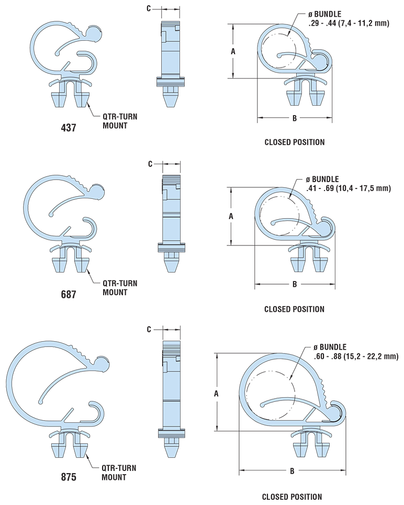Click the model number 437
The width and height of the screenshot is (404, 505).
tap(68, 127)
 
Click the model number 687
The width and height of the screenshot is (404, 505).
tap(68, 294)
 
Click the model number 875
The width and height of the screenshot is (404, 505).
tap(68, 477)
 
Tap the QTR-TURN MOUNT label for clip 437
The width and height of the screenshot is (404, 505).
tap(116, 121)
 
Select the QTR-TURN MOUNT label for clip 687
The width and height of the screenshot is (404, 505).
tap(116, 288)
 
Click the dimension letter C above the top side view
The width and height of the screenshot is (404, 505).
tap(149, 9)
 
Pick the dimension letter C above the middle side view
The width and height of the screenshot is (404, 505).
tap(150, 164)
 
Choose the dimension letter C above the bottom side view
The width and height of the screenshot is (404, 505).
tap(149, 329)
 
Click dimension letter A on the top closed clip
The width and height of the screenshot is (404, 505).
tap(233, 51)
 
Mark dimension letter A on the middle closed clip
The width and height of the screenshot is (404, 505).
tap(231, 216)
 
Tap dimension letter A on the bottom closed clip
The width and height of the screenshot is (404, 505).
tap(217, 391)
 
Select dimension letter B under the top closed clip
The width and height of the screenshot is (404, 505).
tap(295, 118)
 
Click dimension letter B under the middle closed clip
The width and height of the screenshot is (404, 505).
tap(295, 284)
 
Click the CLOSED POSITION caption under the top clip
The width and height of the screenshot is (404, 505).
tap(294, 142)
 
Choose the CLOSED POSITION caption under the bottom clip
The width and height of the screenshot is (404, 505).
tap(292, 497)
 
